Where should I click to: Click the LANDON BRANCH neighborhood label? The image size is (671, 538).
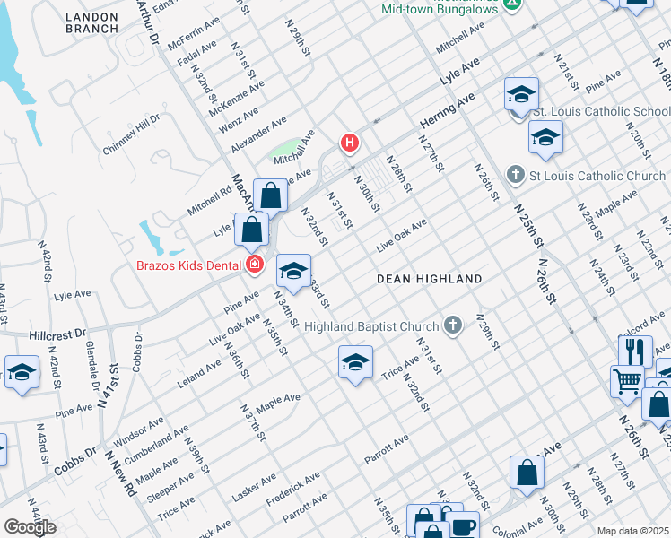click(91, 21)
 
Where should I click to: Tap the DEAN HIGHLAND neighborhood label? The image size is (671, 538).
click(429, 279)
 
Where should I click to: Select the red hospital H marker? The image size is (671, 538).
click(349, 143)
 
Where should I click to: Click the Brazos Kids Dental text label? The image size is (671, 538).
click(188, 265)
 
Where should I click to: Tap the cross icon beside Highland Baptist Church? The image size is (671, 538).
click(453, 325)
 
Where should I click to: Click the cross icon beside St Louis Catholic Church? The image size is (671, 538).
click(515, 174)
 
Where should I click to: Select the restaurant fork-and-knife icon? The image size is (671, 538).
click(635, 350)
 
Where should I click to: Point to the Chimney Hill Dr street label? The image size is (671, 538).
click(130, 134)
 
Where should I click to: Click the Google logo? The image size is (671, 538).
click(30, 527)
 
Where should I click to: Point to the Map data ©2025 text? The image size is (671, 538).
click(632, 531)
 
